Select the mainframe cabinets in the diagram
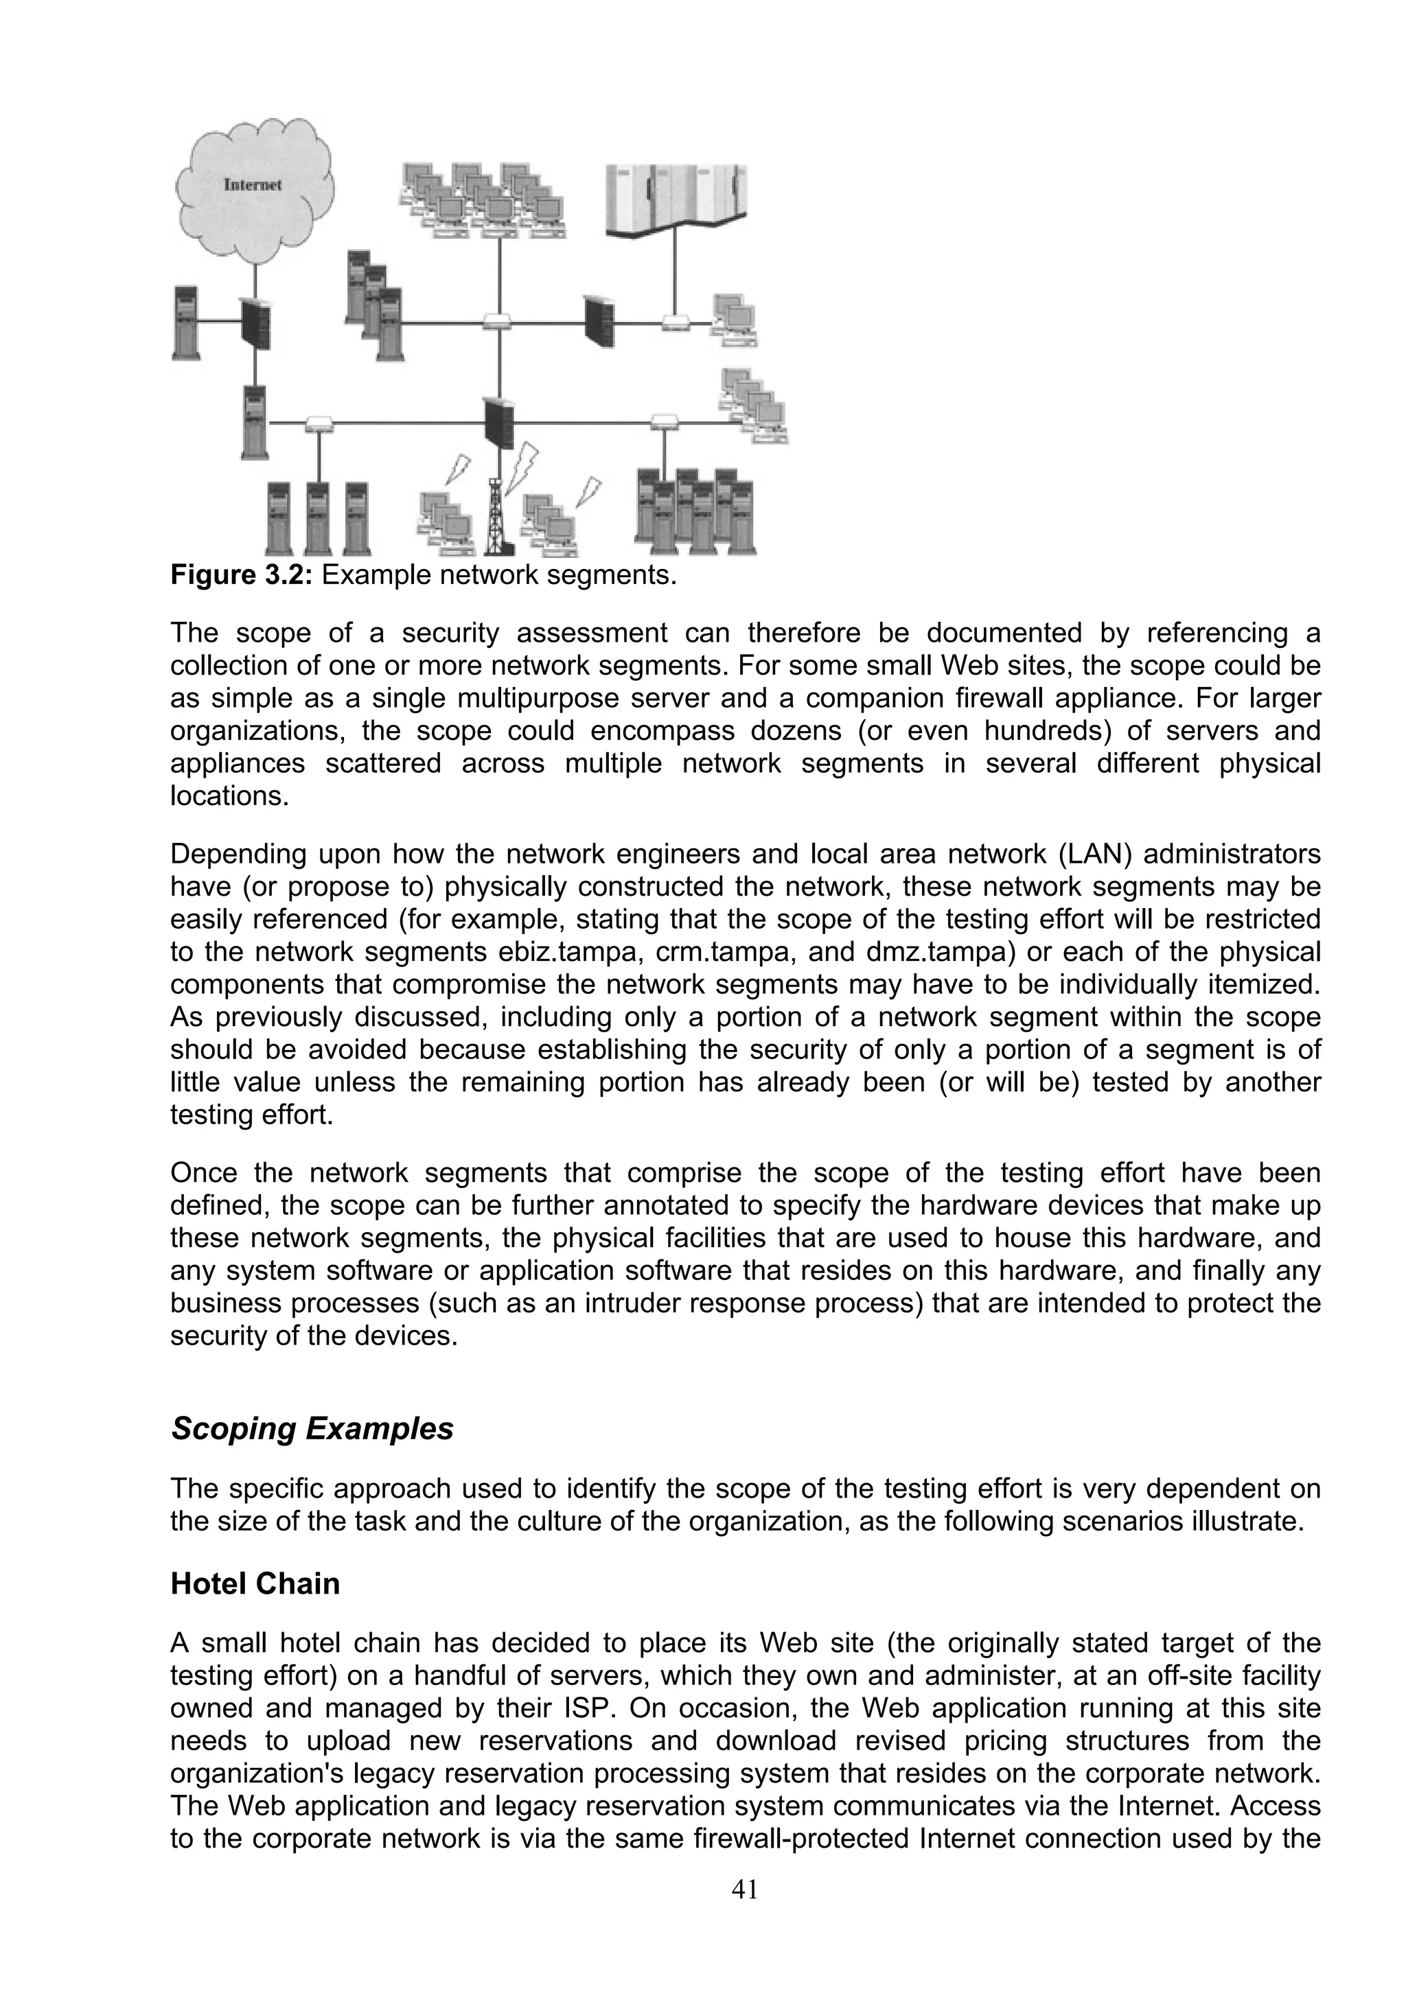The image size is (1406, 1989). click(676, 201)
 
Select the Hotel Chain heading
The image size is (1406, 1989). click(255, 1583)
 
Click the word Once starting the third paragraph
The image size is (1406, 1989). click(205, 1174)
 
